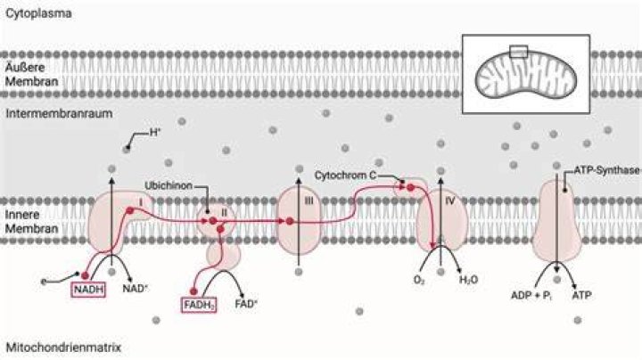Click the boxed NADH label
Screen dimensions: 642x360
(88, 290)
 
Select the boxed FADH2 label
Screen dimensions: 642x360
(199, 305)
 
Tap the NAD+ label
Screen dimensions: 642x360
(136, 289)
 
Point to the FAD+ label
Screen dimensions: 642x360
(246, 304)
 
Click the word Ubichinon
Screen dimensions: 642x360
(169, 185)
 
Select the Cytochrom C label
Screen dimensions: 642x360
(345, 175)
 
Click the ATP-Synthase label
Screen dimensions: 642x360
(606, 170)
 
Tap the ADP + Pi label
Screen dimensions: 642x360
(531, 295)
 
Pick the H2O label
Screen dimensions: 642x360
(468, 280)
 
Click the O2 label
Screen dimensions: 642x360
(419, 280)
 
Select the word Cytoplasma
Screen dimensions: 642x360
(38, 13)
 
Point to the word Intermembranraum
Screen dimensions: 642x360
(59, 113)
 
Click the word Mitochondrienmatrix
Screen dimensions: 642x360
(63, 348)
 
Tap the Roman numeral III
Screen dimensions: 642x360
(309, 200)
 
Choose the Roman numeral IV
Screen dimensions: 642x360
(450, 200)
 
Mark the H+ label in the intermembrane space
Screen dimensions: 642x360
(154, 132)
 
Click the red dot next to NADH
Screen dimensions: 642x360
(85, 275)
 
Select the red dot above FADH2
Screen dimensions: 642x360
(193, 291)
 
